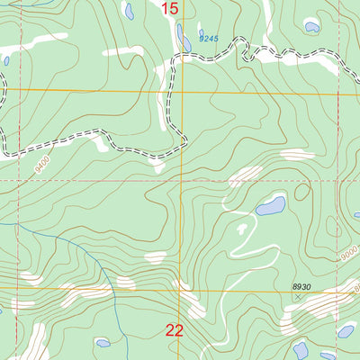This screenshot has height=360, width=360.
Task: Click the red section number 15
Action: pos(170,9)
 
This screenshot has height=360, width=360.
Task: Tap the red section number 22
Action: pos(175,331)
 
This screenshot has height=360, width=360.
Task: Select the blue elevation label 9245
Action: pos(209,39)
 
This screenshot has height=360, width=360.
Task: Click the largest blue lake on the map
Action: pos(270,207)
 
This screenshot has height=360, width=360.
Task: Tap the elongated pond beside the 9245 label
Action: pos(184,37)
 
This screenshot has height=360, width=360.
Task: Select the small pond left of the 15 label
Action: pos(130,11)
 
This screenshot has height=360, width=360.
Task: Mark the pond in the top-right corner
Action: pos(311,26)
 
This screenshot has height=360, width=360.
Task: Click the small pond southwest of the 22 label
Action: pos(103,343)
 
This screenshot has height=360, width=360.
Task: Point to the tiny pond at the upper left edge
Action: pos(6,60)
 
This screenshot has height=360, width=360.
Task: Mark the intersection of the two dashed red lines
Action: pos(180,180)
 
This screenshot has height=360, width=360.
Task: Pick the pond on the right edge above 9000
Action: pos(356,215)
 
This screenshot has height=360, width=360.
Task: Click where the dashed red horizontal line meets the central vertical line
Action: pos(180,180)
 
